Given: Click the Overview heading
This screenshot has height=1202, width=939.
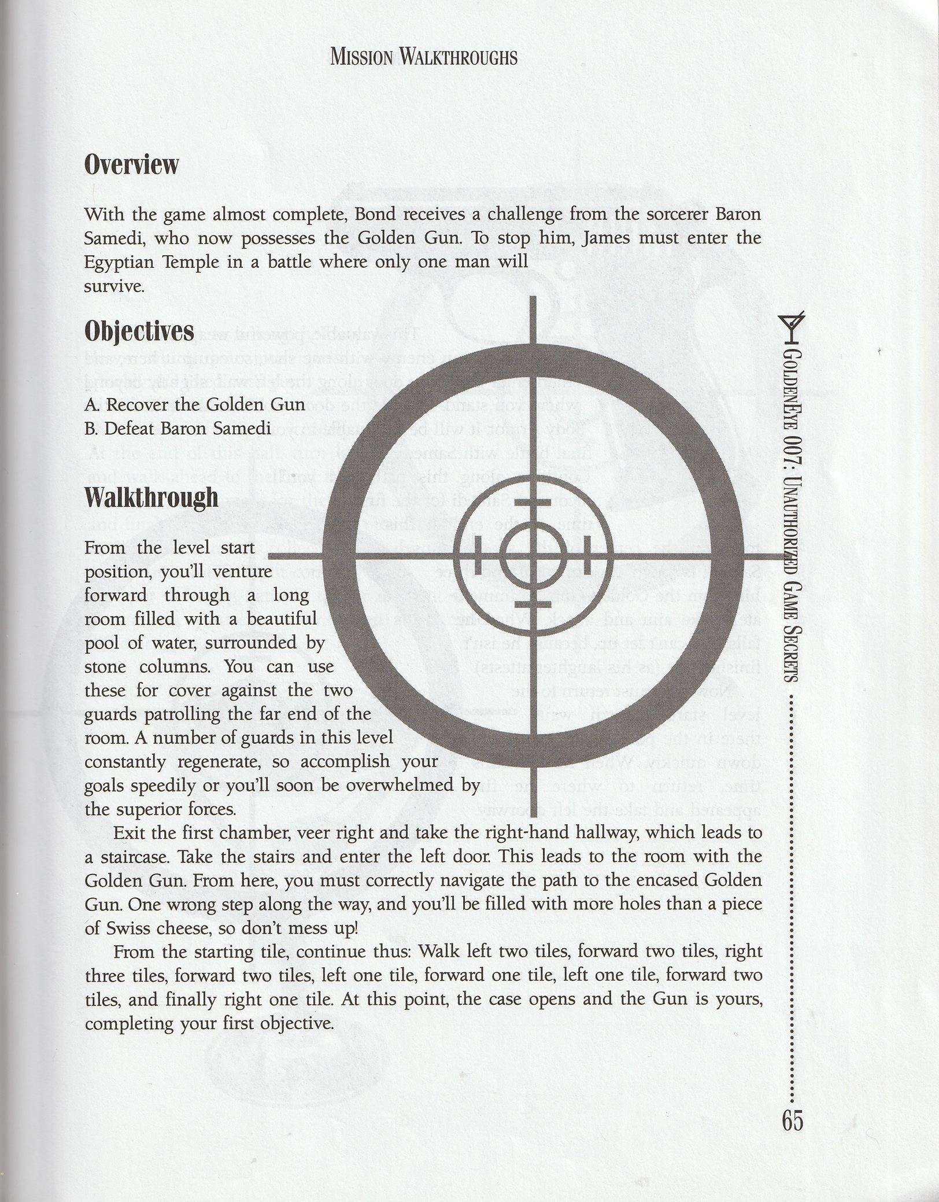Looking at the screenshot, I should (x=131, y=165).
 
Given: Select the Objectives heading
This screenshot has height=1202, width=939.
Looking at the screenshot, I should (x=139, y=332).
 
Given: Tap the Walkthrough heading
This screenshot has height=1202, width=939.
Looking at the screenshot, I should (x=151, y=497).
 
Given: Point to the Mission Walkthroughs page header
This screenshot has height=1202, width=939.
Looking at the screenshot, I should (x=424, y=57).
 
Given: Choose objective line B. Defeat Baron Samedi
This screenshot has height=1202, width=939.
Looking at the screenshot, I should (x=178, y=429).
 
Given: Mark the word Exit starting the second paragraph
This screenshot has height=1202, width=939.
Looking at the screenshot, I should (x=130, y=833).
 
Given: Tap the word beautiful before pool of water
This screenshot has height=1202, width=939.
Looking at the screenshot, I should (x=282, y=619).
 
